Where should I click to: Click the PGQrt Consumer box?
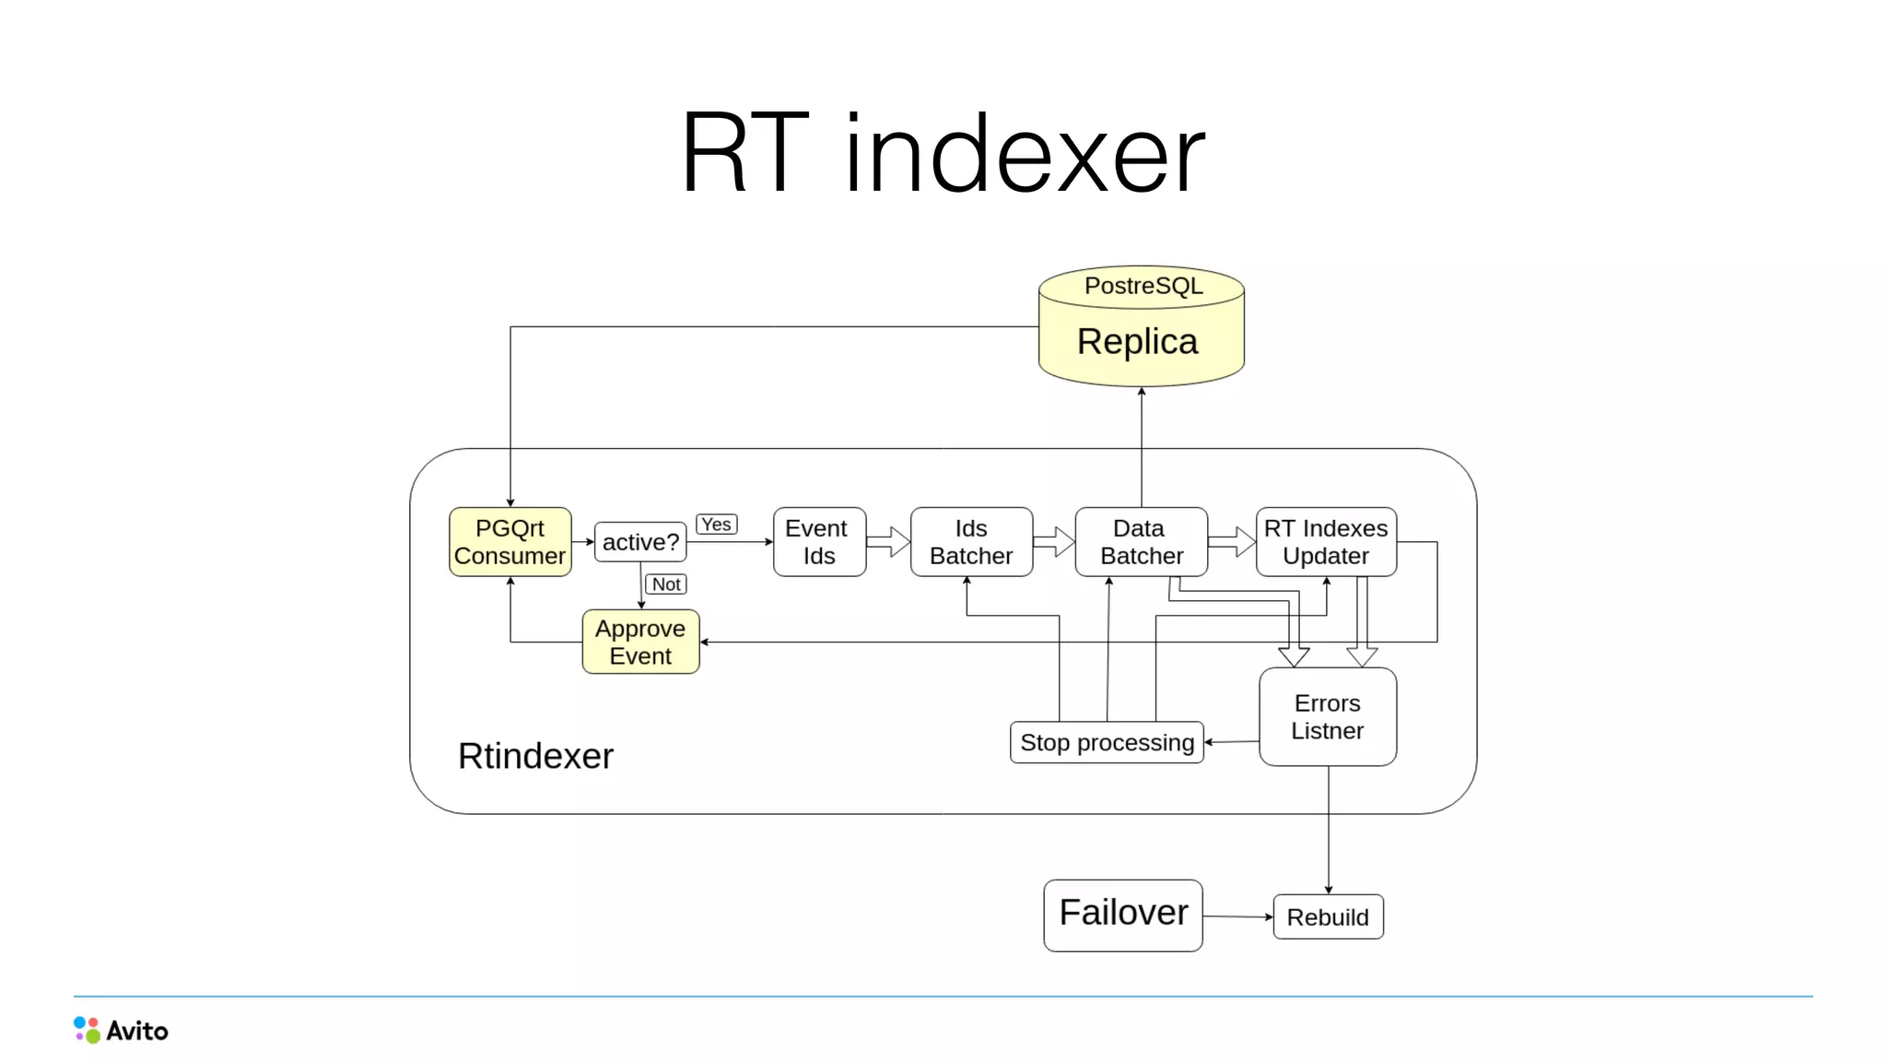(x=510, y=542)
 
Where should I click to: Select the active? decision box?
(x=640, y=542)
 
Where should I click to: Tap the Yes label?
(x=716, y=525)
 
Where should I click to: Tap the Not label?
(x=666, y=584)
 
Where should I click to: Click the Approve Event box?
(x=640, y=642)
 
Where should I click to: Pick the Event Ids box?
(x=818, y=542)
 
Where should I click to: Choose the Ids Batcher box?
(x=971, y=542)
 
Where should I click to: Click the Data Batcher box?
(x=1141, y=542)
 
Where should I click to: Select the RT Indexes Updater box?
(x=1326, y=542)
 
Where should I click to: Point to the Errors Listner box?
(x=1327, y=717)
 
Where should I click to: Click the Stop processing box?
(x=1107, y=742)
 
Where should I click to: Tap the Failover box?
(x=1122, y=914)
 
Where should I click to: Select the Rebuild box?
(x=1328, y=917)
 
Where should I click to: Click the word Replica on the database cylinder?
(x=1137, y=342)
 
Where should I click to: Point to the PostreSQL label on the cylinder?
(x=1143, y=286)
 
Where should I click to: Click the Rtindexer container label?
(x=535, y=756)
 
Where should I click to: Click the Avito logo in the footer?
(x=121, y=1030)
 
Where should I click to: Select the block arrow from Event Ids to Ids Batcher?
(x=888, y=541)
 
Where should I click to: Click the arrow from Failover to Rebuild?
(x=1237, y=916)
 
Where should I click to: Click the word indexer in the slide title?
(x=1024, y=155)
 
